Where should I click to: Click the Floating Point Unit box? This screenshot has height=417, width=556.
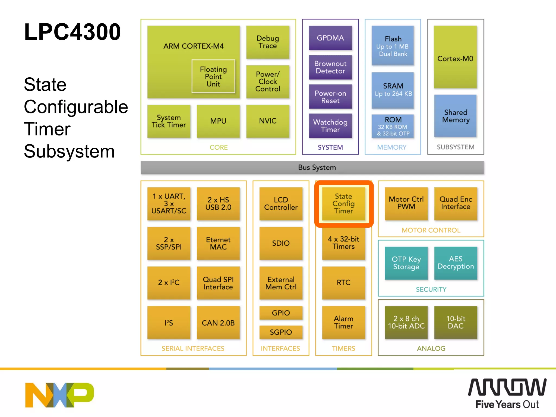pyautogui.click(x=213, y=76)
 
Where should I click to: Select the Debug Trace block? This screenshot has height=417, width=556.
pyautogui.click(x=267, y=42)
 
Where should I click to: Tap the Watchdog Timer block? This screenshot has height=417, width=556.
pyautogui.click(x=330, y=126)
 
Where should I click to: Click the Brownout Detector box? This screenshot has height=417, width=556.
pyautogui.click(x=330, y=67)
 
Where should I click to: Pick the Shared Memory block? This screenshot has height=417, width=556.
pyautogui.click(x=455, y=116)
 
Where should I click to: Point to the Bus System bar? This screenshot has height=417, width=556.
pyautogui.click(x=312, y=168)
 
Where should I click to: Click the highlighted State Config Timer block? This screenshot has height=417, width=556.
pyautogui.click(x=343, y=204)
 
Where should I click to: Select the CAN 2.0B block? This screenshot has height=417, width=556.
pyautogui.click(x=218, y=323)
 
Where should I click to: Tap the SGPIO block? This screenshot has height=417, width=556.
pyautogui.click(x=281, y=332)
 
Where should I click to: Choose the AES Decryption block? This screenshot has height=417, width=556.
pyautogui.click(x=455, y=263)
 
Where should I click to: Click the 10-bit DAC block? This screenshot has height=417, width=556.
pyautogui.click(x=455, y=322)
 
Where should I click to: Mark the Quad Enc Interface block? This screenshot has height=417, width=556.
pyautogui.click(x=455, y=203)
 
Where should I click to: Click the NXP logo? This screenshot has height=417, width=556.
pyautogui.click(x=59, y=395)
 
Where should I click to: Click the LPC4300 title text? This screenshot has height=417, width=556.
pyautogui.click(x=72, y=32)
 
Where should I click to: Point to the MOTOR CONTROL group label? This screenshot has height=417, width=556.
pyautogui.click(x=431, y=230)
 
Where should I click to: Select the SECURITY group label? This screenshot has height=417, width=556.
pyautogui.click(x=431, y=289)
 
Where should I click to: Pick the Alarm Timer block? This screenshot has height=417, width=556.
pyautogui.click(x=343, y=322)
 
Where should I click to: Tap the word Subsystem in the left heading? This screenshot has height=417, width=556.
pyautogui.click(x=69, y=151)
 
